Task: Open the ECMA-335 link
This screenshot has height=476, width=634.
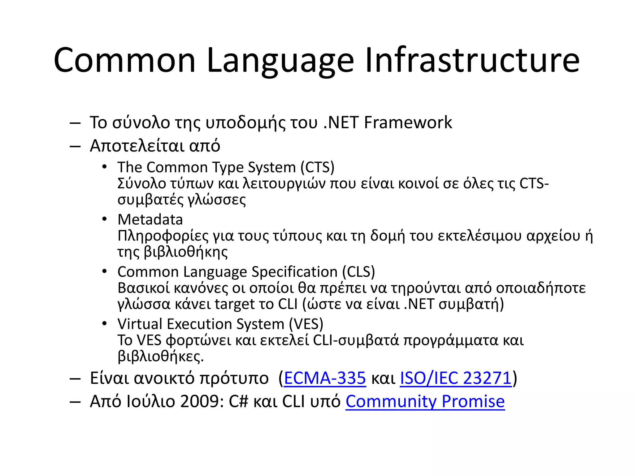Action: point(325,378)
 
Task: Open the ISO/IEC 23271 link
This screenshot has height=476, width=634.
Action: point(456,378)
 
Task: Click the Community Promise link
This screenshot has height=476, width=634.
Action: point(425,402)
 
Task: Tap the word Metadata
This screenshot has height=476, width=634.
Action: point(150,220)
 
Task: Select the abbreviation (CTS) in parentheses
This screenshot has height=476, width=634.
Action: point(317,167)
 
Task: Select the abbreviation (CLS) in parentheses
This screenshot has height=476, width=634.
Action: point(358,272)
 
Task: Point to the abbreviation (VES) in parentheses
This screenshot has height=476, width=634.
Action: point(306,324)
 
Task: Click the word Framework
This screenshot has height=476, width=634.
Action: point(408,122)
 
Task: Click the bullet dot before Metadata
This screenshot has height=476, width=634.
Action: point(105,219)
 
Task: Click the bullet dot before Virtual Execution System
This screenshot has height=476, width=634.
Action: point(105,324)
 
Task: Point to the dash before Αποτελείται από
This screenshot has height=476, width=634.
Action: point(75,146)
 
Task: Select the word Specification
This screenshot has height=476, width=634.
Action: point(294,272)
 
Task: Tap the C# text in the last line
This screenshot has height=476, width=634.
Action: point(239,402)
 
